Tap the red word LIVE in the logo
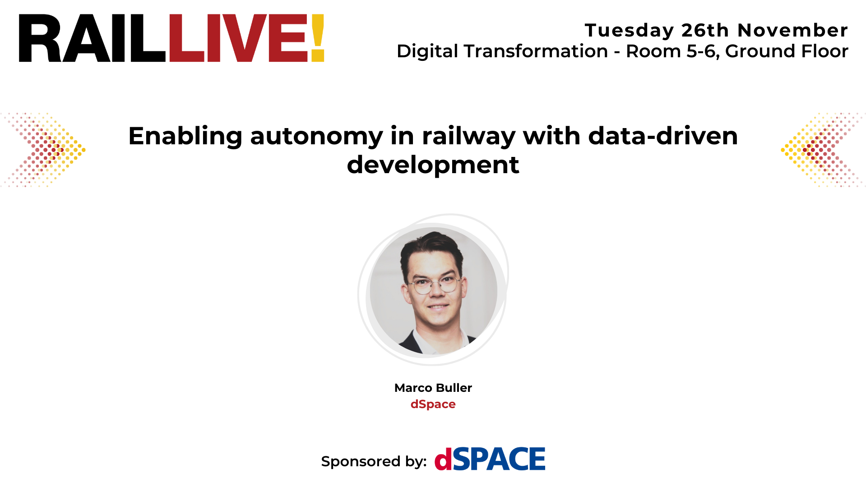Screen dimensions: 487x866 click(x=238, y=38)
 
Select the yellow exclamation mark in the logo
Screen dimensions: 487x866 click(x=318, y=38)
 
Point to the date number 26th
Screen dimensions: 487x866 click(x=705, y=31)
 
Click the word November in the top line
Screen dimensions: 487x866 click(x=792, y=31)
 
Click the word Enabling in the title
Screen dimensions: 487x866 click(x=185, y=136)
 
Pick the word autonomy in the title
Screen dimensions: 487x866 click(x=316, y=136)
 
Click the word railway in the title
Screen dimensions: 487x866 click(x=468, y=136)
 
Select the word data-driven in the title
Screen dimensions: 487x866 click(x=663, y=136)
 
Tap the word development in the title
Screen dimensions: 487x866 click(x=433, y=165)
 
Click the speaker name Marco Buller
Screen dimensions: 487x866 click(x=433, y=388)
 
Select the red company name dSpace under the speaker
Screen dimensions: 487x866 click(x=433, y=404)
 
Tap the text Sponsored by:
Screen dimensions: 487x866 click(x=374, y=461)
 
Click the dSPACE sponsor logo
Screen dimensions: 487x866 click(x=490, y=459)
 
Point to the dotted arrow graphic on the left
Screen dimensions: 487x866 click(x=45, y=150)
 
